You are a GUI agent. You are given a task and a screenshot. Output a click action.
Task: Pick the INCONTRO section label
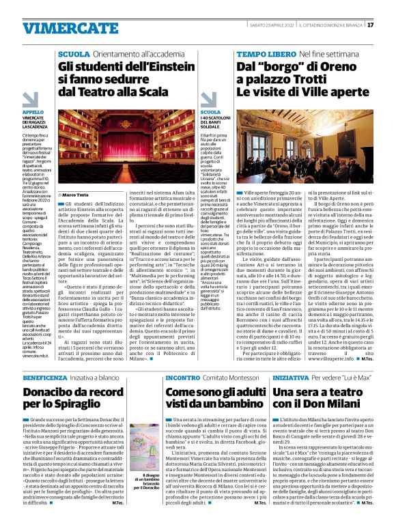tap(182, 378)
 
